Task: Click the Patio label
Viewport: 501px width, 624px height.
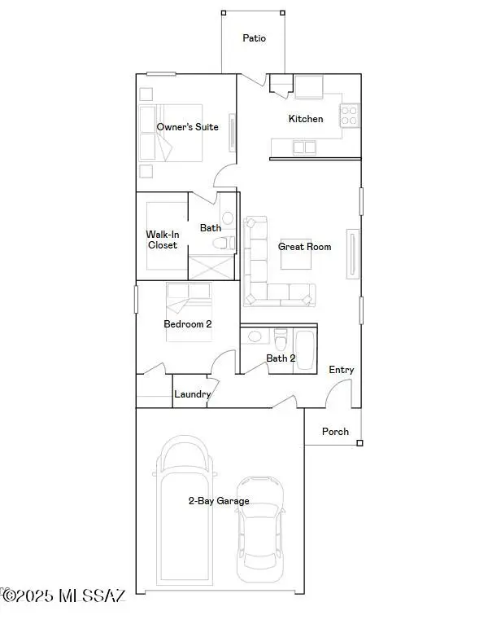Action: coord(254,38)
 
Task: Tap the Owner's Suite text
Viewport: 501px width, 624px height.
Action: coord(187,127)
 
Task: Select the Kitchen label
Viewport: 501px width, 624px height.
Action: coord(306,119)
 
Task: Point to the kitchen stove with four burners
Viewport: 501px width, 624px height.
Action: coord(350,116)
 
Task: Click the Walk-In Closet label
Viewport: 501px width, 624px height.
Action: coord(162,239)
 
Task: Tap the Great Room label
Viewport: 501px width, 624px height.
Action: coord(305,246)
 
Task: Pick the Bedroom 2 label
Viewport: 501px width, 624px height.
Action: coord(188,324)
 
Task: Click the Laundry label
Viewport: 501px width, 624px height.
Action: coord(193,394)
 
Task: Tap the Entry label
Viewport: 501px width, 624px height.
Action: coord(342,370)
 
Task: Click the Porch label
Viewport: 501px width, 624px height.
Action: coord(335,432)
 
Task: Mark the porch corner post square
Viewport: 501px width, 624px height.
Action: coord(359,444)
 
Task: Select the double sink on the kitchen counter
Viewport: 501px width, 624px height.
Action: coord(305,147)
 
